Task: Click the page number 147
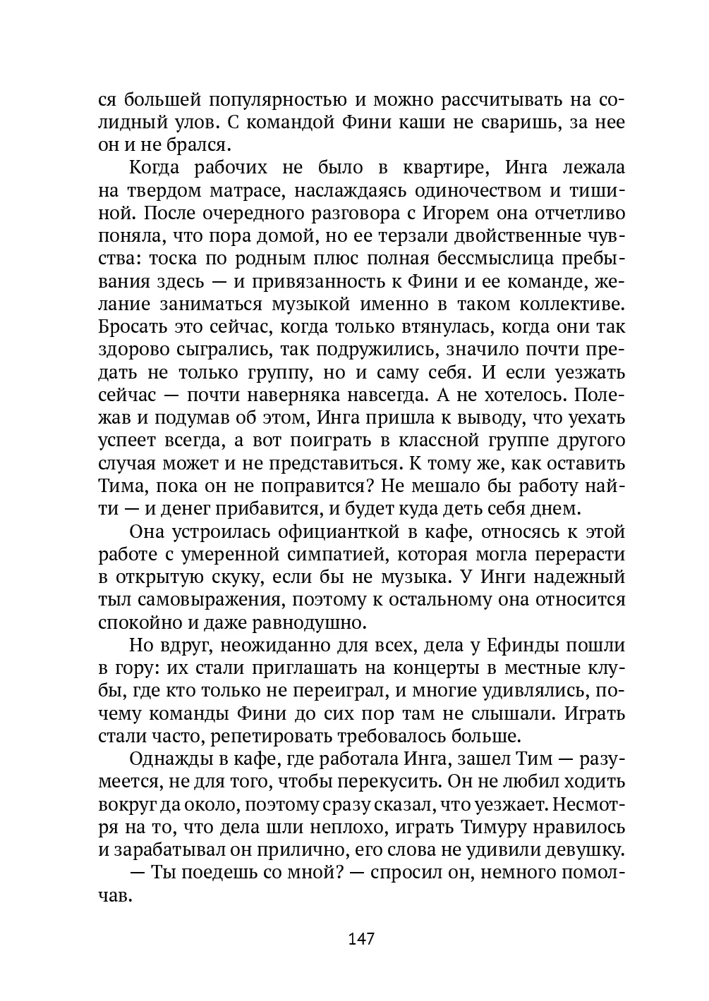[x=360, y=939]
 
